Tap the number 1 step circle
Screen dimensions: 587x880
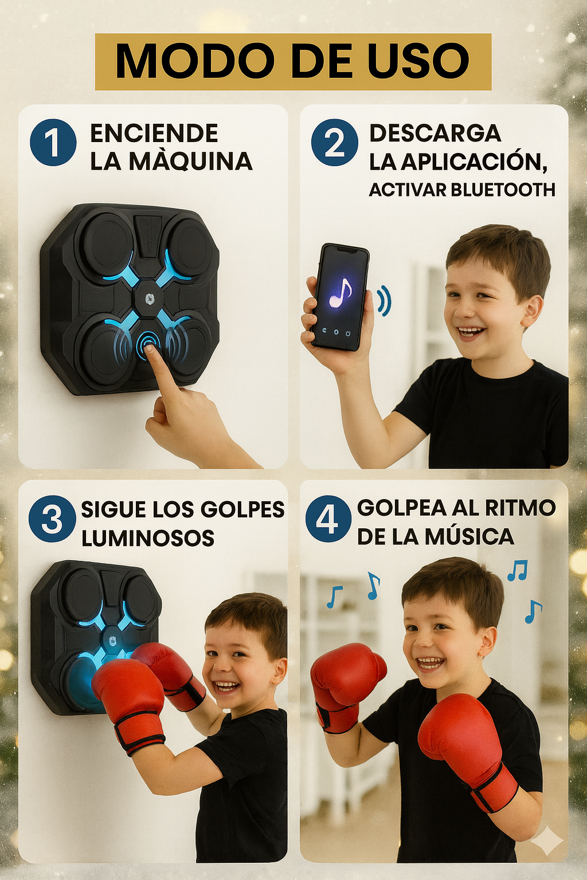click(x=53, y=142)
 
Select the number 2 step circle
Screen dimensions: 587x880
click(x=335, y=142)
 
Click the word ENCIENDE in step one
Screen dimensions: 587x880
click(x=154, y=133)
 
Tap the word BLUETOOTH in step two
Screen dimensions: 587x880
click(x=503, y=190)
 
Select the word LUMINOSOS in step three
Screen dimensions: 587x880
click(x=148, y=538)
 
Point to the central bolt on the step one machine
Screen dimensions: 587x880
click(x=149, y=299)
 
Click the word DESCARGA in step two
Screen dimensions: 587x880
click(x=435, y=133)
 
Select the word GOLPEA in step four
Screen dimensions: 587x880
click(x=401, y=508)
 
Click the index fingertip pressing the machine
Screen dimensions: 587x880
click(x=150, y=349)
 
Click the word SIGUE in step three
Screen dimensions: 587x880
click(x=115, y=509)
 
